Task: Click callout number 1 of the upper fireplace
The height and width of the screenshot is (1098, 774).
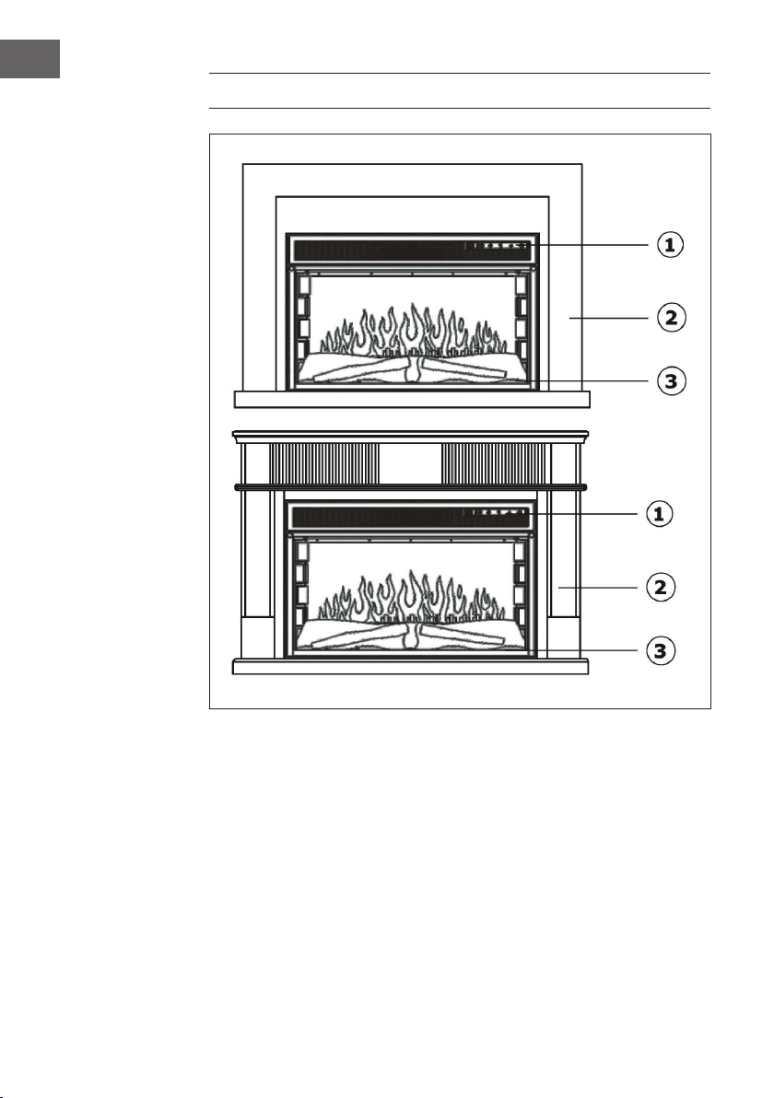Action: [670, 245]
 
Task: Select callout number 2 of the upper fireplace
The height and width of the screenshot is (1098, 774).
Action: [671, 318]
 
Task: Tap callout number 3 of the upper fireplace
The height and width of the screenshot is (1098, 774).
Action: [671, 381]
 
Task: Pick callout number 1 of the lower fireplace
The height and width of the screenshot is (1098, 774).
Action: [659, 515]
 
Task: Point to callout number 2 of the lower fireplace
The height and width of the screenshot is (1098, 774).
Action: [660, 588]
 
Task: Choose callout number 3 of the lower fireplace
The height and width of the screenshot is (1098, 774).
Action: [660, 651]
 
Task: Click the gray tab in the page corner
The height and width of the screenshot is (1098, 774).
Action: [29, 59]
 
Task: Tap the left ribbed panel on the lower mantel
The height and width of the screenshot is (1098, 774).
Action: [324, 462]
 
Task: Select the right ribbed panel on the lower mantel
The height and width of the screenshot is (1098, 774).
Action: [493, 462]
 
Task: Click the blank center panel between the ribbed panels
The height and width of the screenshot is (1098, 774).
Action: [410, 462]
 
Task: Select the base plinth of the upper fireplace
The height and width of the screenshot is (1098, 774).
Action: [412, 399]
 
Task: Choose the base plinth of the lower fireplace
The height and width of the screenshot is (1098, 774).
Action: [410, 666]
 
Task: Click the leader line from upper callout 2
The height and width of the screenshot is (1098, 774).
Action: [609, 318]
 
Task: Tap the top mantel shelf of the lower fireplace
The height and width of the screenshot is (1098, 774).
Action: [410, 437]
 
